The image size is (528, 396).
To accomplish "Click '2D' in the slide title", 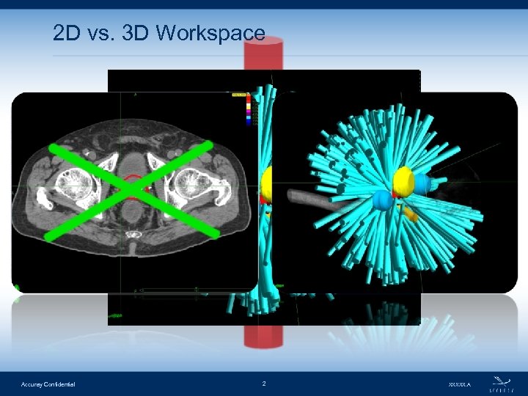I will [66, 33].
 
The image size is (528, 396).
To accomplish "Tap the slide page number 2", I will [264, 384].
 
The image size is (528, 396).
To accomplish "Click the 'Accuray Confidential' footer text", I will [48, 384].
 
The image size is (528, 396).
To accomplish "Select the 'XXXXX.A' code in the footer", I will [459, 384].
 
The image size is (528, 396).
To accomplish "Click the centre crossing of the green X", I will [132, 190].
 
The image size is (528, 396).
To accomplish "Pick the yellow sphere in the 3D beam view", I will [404, 180].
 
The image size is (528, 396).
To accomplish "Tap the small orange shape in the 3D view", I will [411, 216].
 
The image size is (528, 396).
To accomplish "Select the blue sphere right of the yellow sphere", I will [423, 183].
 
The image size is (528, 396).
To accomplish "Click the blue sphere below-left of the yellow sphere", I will [381, 200].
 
